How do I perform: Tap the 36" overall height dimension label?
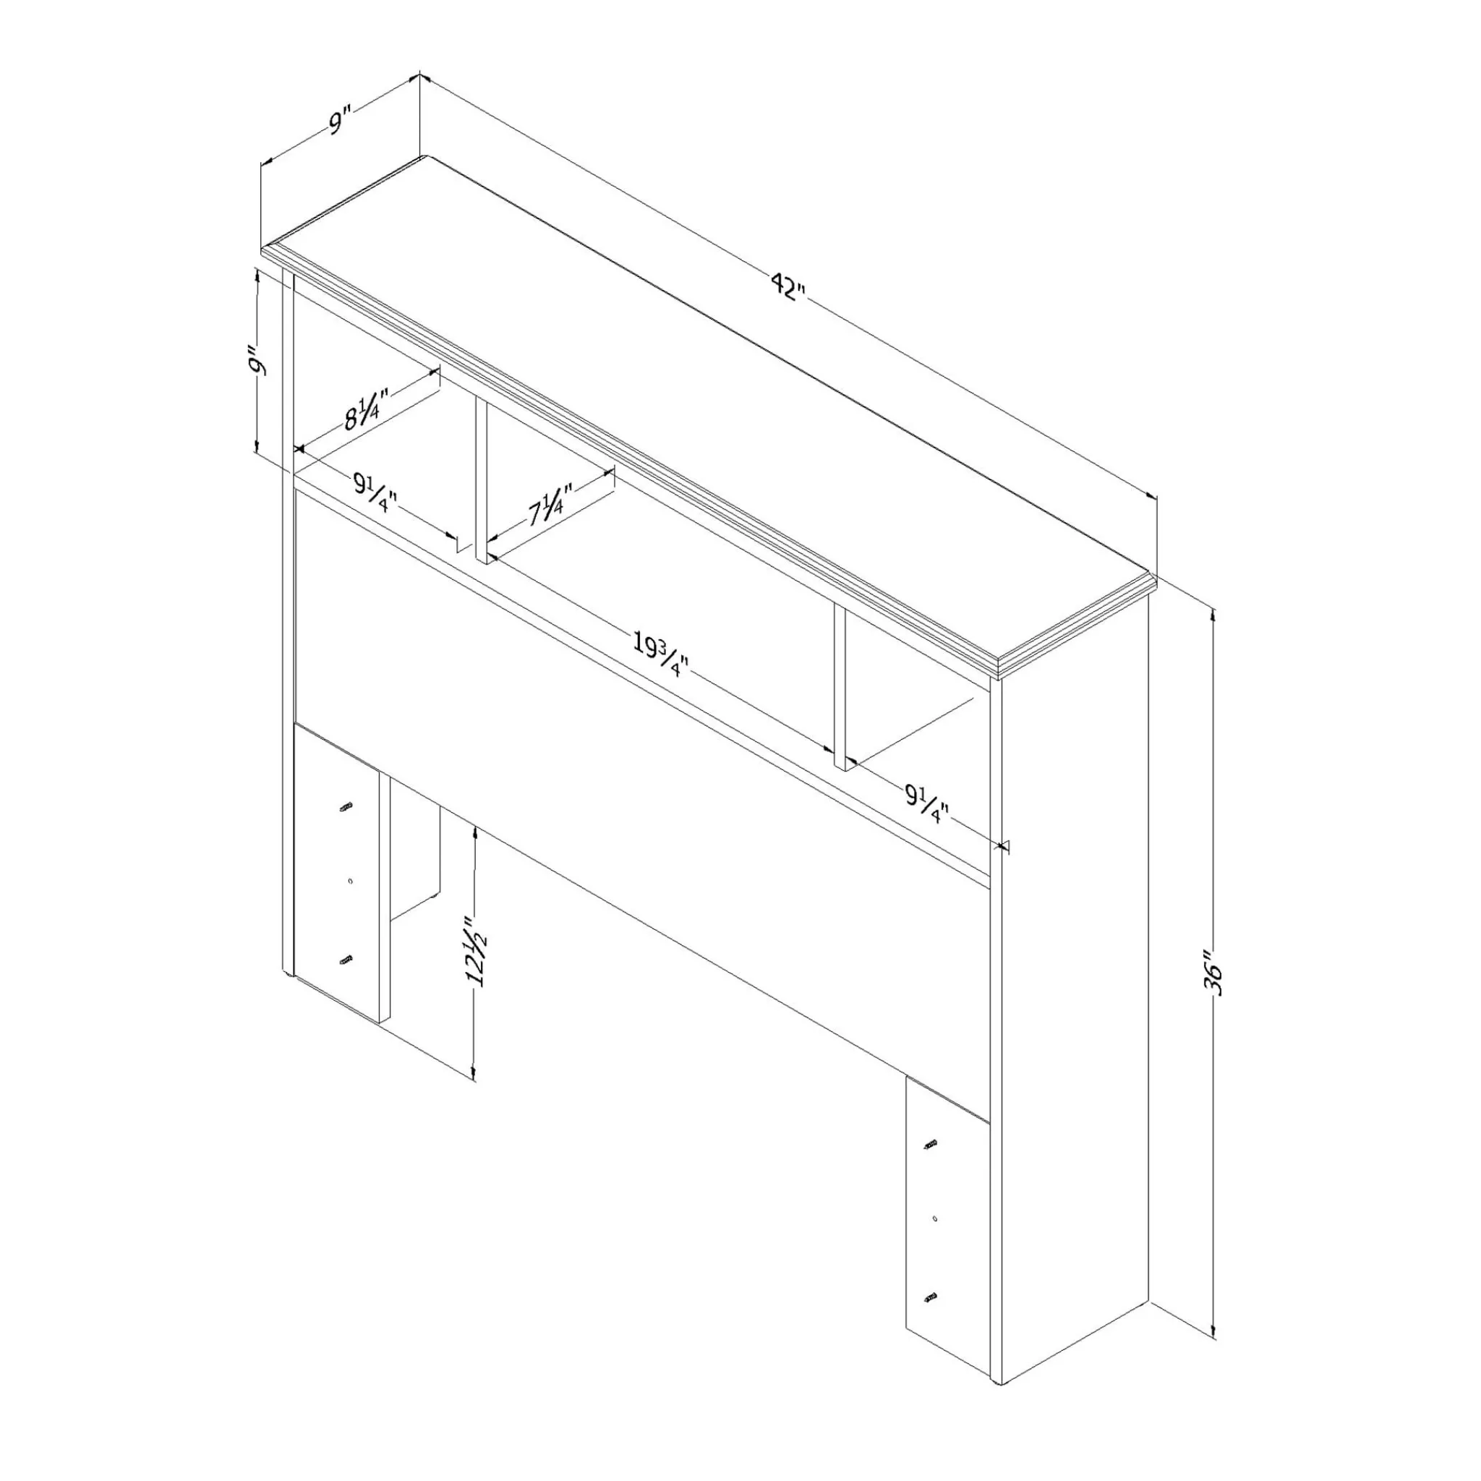1213,973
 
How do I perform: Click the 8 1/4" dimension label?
367,408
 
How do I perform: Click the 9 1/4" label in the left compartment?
375,491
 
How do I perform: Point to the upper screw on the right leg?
931,1164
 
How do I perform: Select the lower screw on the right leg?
931,1318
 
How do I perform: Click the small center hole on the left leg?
349,882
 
